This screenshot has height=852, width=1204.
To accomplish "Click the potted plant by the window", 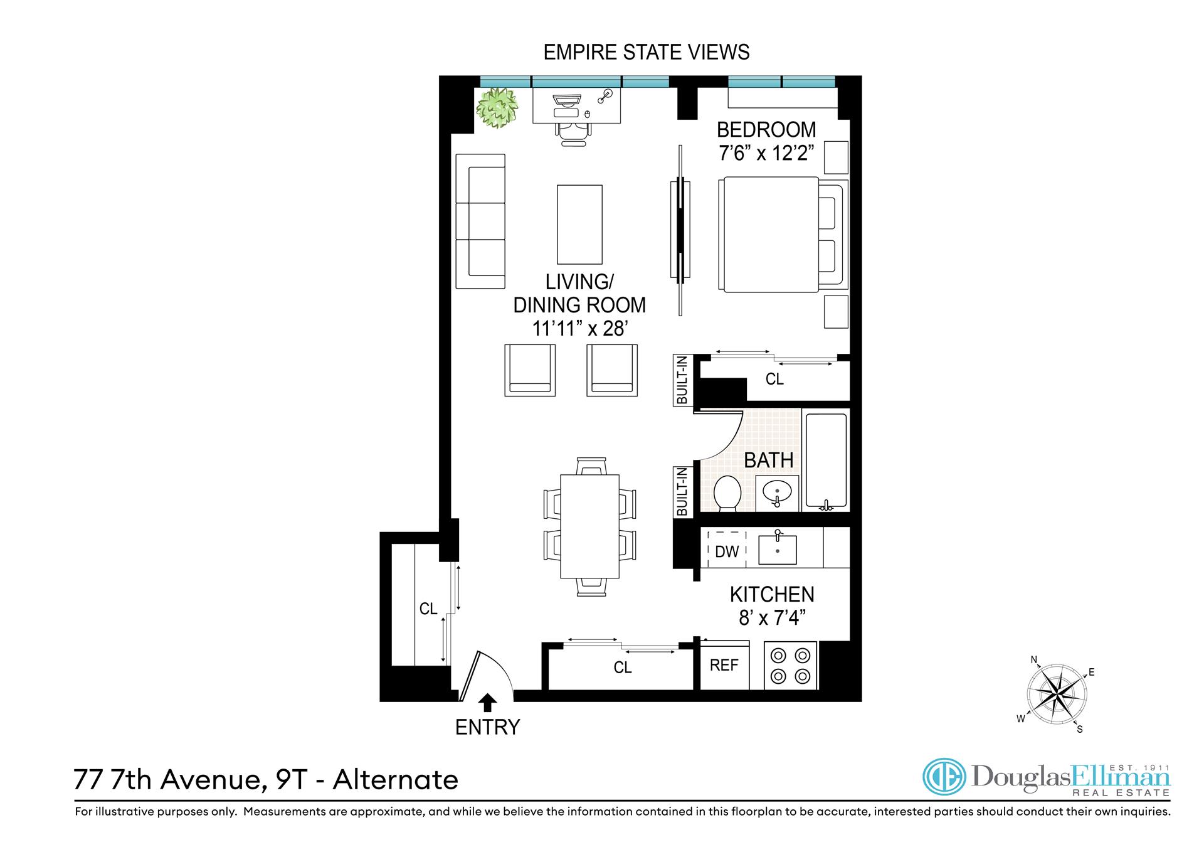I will point(497,108).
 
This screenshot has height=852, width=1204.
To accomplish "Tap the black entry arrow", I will point(487,702).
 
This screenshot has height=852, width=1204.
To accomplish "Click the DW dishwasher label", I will point(727,551).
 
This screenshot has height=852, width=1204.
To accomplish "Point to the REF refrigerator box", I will point(724,665).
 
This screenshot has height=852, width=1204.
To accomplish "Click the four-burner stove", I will point(790,666).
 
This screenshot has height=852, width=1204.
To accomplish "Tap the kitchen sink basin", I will point(777,550).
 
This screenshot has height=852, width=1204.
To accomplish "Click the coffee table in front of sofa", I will point(579,224).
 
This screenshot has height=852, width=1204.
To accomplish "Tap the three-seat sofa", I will point(480,221).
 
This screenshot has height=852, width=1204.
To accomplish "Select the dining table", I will point(589,526).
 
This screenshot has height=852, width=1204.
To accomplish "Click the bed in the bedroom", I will point(771,235).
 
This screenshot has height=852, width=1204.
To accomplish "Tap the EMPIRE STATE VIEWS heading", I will point(646,52).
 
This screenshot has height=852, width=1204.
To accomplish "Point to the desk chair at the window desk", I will point(573,133).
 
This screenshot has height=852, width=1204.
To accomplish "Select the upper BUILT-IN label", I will point(682,380).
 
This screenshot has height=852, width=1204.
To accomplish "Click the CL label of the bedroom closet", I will point(774,379).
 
